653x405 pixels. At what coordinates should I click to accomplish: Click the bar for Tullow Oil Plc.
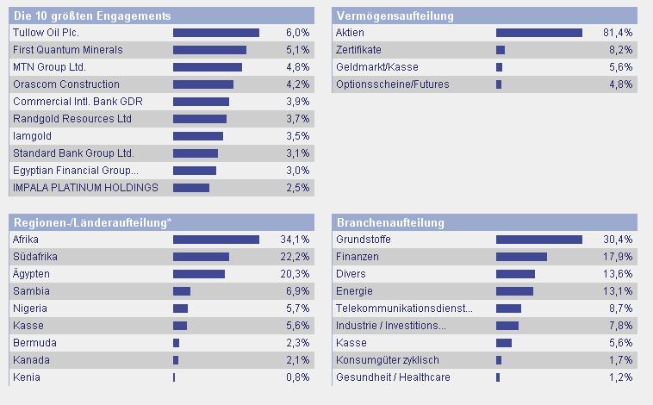pos(215,33)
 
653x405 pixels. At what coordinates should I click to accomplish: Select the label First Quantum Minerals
pos(68,50)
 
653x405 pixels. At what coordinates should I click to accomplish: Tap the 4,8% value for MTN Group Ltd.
pos(297,67)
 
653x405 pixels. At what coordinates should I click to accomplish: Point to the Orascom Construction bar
pos(203,84)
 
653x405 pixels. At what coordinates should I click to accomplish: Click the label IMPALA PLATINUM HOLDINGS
pos(86,188)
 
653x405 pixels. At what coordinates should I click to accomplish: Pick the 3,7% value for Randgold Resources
pos(297,119)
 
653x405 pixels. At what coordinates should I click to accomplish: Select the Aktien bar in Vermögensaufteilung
pos(538,33)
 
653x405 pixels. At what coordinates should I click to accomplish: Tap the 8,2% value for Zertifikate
pos(620,50)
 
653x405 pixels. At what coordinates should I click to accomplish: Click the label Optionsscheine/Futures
pos(392,84)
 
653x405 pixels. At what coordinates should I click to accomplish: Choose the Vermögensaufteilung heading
pos(394,16)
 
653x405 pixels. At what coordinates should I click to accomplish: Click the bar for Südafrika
pos(201,257)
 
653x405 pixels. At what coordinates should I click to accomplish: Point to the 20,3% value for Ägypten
pos(295,274)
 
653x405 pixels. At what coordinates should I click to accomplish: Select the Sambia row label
pos(32,291)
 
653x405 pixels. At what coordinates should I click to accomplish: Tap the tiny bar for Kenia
pos(174,377)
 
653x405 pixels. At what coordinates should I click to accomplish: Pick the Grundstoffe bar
pos(538,240)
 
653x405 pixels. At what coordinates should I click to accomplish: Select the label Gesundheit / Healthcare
pos(393,377)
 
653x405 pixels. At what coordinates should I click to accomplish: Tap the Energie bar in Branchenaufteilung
pos(514,291)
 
